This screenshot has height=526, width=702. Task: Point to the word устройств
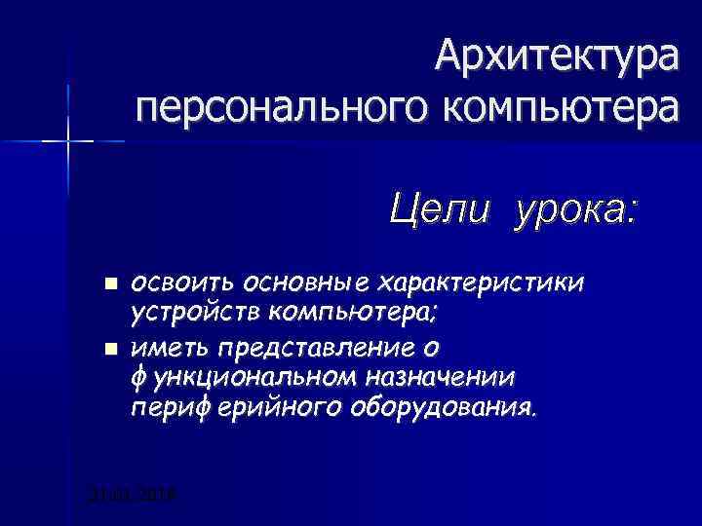[x=194, y=315]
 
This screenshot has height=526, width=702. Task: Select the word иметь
[x=172, y=347]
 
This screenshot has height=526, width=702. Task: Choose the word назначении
[x=449, y=377]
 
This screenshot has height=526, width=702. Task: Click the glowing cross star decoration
[x=69, y=142]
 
